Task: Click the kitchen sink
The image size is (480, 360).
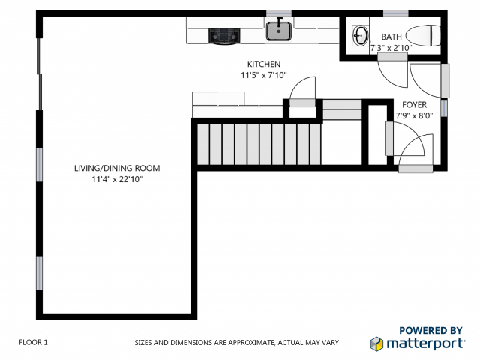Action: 279,31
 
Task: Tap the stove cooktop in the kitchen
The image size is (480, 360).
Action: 223,34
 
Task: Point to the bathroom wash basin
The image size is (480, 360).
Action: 361,34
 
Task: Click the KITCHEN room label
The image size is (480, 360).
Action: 264,64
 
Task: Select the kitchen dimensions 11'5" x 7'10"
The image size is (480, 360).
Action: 264,75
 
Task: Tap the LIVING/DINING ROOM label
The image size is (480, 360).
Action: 116,168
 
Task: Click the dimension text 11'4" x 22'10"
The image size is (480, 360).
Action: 116,179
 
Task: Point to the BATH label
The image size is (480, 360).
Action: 391,37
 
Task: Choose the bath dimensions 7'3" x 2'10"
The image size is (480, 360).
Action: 391,48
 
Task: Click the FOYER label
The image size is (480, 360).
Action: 415,105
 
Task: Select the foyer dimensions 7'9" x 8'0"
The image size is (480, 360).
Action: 415,116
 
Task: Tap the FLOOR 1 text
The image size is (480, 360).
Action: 33,342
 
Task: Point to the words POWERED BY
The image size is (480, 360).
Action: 430,329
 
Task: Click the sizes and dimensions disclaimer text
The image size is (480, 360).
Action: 236,342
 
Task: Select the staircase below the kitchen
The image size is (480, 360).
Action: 258,144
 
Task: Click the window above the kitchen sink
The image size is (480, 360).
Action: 279,13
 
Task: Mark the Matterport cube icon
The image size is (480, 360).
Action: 377,343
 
